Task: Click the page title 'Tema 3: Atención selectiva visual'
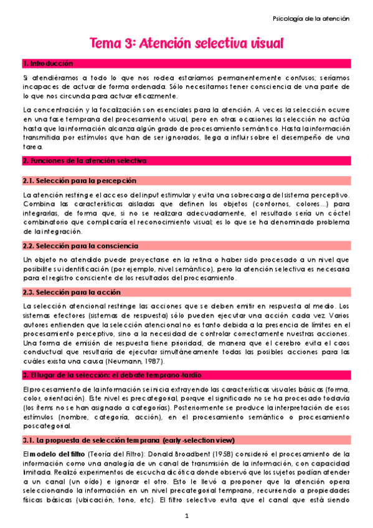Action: pos(187,44)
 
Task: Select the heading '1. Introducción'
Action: pos(47,64)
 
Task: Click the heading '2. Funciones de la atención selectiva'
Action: pos(84,161)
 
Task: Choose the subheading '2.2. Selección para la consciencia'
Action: pos(81,246)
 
